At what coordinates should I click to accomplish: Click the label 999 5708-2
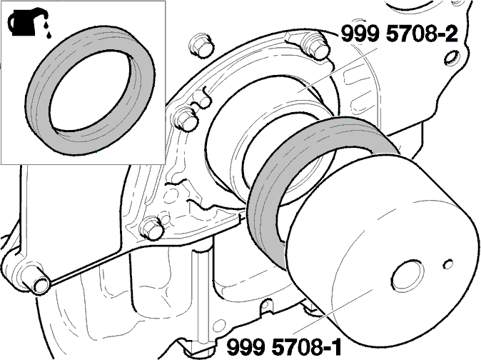(x=400, y=34)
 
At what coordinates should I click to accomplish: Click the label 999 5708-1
(x=284, y=347)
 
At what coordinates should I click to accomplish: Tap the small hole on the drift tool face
(x=448, y=264)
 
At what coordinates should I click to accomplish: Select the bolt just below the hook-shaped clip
(x=186, y=120)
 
